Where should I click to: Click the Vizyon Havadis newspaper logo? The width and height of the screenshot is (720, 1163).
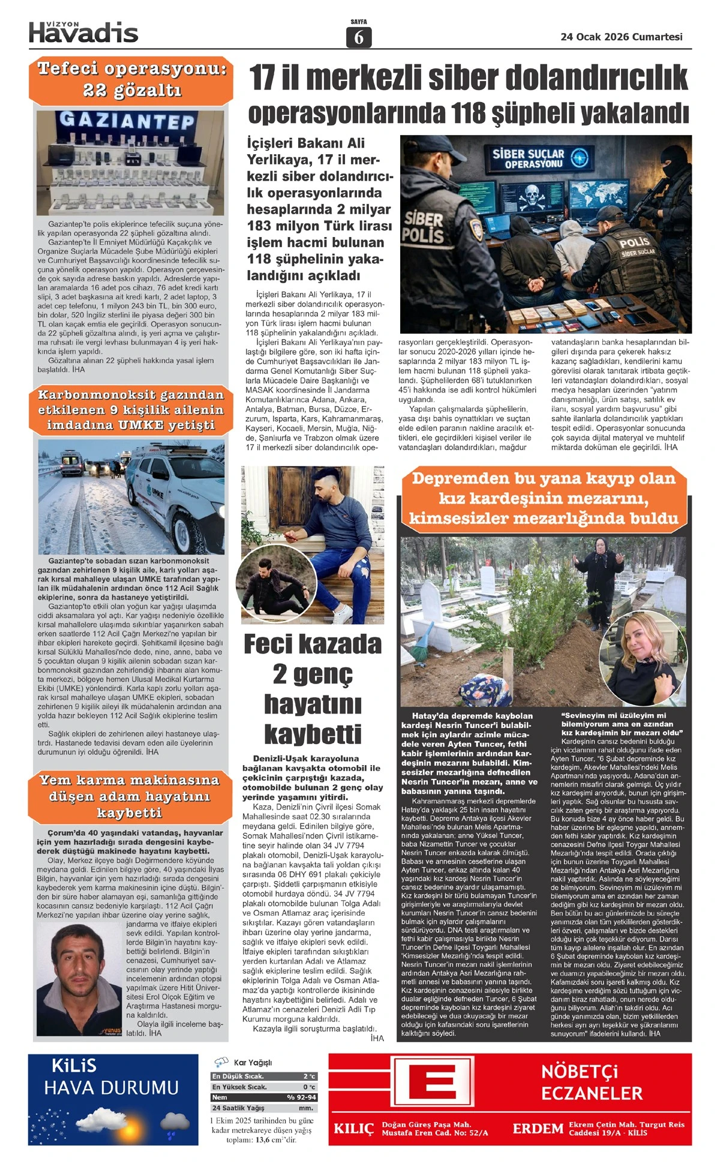click(x=83, y=32)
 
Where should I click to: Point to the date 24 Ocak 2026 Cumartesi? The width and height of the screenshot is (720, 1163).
click(x=621, y=37)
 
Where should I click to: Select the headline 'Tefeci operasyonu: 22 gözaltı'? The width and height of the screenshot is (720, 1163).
click(x=131, y=79)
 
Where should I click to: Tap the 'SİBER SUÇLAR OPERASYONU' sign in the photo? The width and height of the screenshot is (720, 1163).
click(x=534, y=158)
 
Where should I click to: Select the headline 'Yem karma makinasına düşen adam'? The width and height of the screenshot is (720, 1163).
click(x=130, y=796)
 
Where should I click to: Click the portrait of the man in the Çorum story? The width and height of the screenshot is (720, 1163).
click(x=80, y=979)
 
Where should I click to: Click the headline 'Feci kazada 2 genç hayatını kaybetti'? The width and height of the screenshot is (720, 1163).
click(x=312, y=688)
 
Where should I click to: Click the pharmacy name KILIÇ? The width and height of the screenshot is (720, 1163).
click(x=353, y=1129)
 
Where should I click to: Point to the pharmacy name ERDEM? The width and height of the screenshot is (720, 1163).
click(x=538, y=1129)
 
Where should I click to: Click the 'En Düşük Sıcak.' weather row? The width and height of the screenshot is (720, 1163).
click(x=264, y=1077)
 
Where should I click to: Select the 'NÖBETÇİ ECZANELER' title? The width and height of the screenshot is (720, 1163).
click(x=592, y=1082)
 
